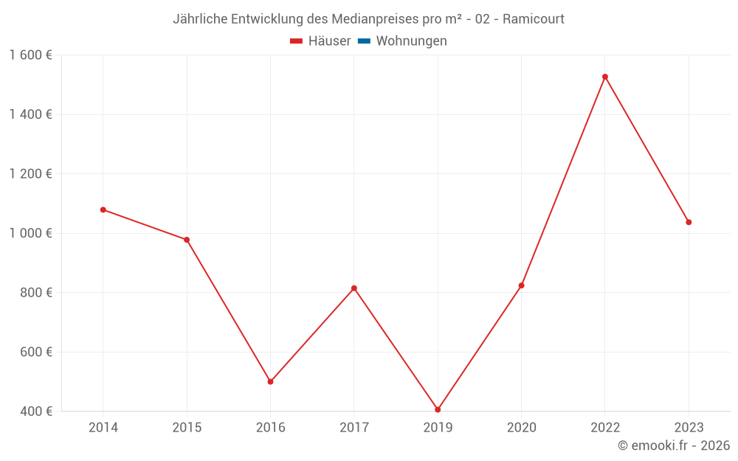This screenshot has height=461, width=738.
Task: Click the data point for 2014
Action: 103,209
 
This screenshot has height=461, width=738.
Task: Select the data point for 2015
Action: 187,240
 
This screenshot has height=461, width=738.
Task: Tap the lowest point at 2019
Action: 438,409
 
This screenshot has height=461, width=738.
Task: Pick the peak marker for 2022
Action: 605,77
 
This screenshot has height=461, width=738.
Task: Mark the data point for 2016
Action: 270,381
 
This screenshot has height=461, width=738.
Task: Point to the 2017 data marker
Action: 354,288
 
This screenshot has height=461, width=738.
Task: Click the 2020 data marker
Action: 521,285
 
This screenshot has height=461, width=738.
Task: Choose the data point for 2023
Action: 689,222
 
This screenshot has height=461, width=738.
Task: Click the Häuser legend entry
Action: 320,41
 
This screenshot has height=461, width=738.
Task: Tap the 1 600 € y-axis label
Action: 31,55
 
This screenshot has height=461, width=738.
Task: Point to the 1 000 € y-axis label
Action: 31,233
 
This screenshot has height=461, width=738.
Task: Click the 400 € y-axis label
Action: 35,411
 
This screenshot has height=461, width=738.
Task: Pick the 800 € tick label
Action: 35,293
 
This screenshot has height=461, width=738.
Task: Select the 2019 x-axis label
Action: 438,427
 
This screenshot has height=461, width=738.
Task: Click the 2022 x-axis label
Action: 605,427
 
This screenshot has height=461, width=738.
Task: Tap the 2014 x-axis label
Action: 103,427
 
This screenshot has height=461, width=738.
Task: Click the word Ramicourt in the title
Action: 534,19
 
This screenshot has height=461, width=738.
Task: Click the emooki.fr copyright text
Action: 674,446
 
